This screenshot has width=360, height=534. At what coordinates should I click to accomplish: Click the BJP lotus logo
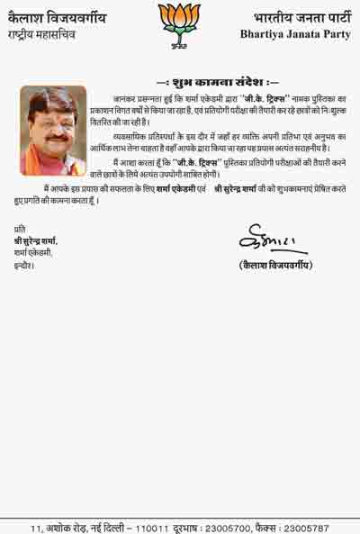tap(179, 22)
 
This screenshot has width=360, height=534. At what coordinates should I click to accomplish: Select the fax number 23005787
tap(306, 527)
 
